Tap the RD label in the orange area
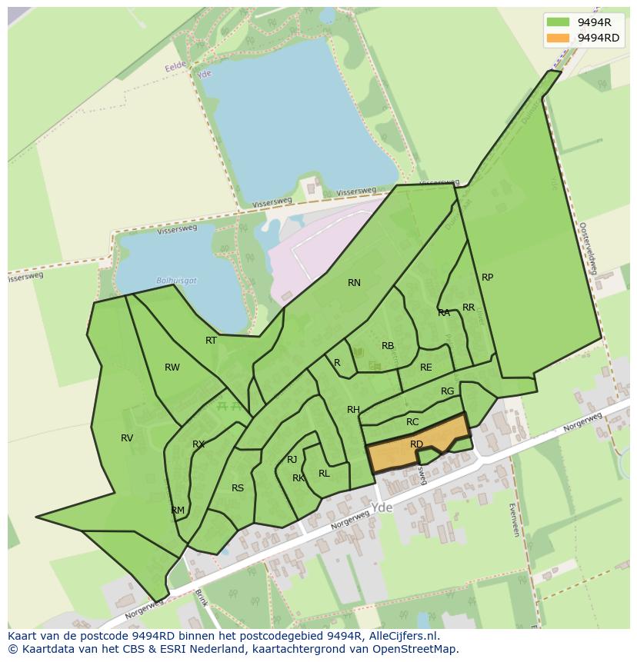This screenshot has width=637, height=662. point(416,444)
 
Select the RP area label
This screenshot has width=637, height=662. point(487,278)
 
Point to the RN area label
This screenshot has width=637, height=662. point(354,283)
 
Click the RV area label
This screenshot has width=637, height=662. point(127,438)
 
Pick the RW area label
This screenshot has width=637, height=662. point(172,368)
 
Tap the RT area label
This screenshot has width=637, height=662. point(211,340)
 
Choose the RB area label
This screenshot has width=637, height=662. point(388,346)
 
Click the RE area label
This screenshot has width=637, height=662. point(426,368)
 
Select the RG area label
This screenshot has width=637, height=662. point(448,391)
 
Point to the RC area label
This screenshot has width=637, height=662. point(412,422)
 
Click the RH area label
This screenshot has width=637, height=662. point(353,410)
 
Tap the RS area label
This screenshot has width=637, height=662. point(238,488)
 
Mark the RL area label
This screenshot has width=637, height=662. point(324,474)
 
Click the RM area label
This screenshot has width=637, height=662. point(178,511)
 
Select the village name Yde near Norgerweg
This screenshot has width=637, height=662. point(382,508)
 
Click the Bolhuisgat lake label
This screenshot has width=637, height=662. point(176,281)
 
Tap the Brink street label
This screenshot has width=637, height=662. point(202,597)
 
